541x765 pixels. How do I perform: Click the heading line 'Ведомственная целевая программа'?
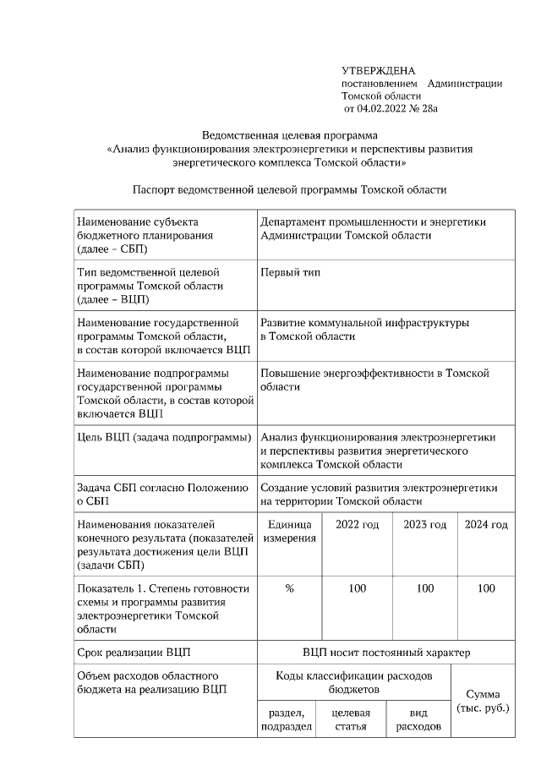[x=291, y=135]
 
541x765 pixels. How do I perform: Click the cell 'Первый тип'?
[x=290, y=272]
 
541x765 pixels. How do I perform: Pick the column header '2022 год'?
[x=357, y=525]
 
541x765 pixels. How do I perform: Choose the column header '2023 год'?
[x=424, y=525]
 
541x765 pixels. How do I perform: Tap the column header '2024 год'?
[x=486, y=525]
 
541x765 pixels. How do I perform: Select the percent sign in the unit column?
[x=289, y=588]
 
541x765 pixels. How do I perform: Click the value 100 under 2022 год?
[x=357, y=588]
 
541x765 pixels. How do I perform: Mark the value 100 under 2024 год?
[x=486, y=588]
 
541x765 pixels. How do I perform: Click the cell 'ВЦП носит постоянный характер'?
[x=385, y=652]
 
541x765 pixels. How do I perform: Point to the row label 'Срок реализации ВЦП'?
[x=133, y=652]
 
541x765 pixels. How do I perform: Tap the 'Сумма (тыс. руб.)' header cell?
[x=483, y=700]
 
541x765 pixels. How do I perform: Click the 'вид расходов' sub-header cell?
[x=418, y=720]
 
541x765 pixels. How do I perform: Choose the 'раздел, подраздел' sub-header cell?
[x=287, y=720]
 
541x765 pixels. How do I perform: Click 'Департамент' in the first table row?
[x=295, y=222]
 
